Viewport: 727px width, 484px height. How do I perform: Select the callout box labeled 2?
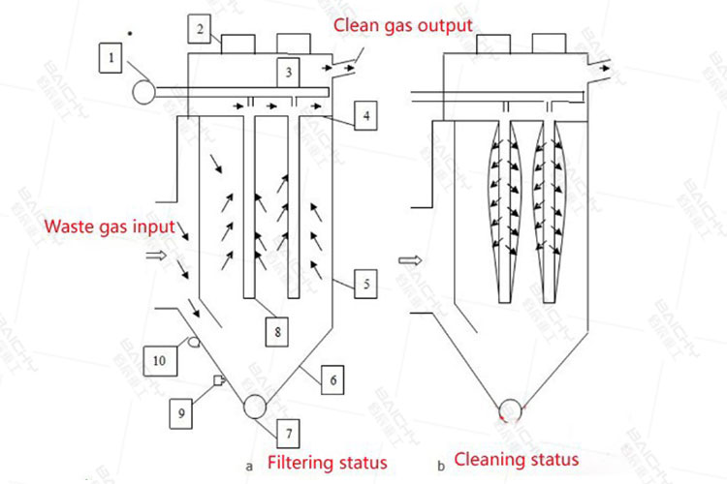pos(200,30)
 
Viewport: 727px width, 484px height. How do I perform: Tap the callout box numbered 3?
pos(288,71)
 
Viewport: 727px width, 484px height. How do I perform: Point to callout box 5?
pos(363,284)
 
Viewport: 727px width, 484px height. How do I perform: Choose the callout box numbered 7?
pos(288,427)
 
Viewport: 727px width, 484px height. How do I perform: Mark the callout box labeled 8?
pos(278,331)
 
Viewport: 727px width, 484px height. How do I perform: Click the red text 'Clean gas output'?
pos(403,23)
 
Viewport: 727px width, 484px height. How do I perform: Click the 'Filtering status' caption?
pos(327,462)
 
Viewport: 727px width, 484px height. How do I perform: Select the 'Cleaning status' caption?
pos(517,460)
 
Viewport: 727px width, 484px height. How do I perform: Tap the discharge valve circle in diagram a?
pos(257,405)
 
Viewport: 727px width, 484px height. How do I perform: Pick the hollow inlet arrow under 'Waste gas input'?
pos(154,256)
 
